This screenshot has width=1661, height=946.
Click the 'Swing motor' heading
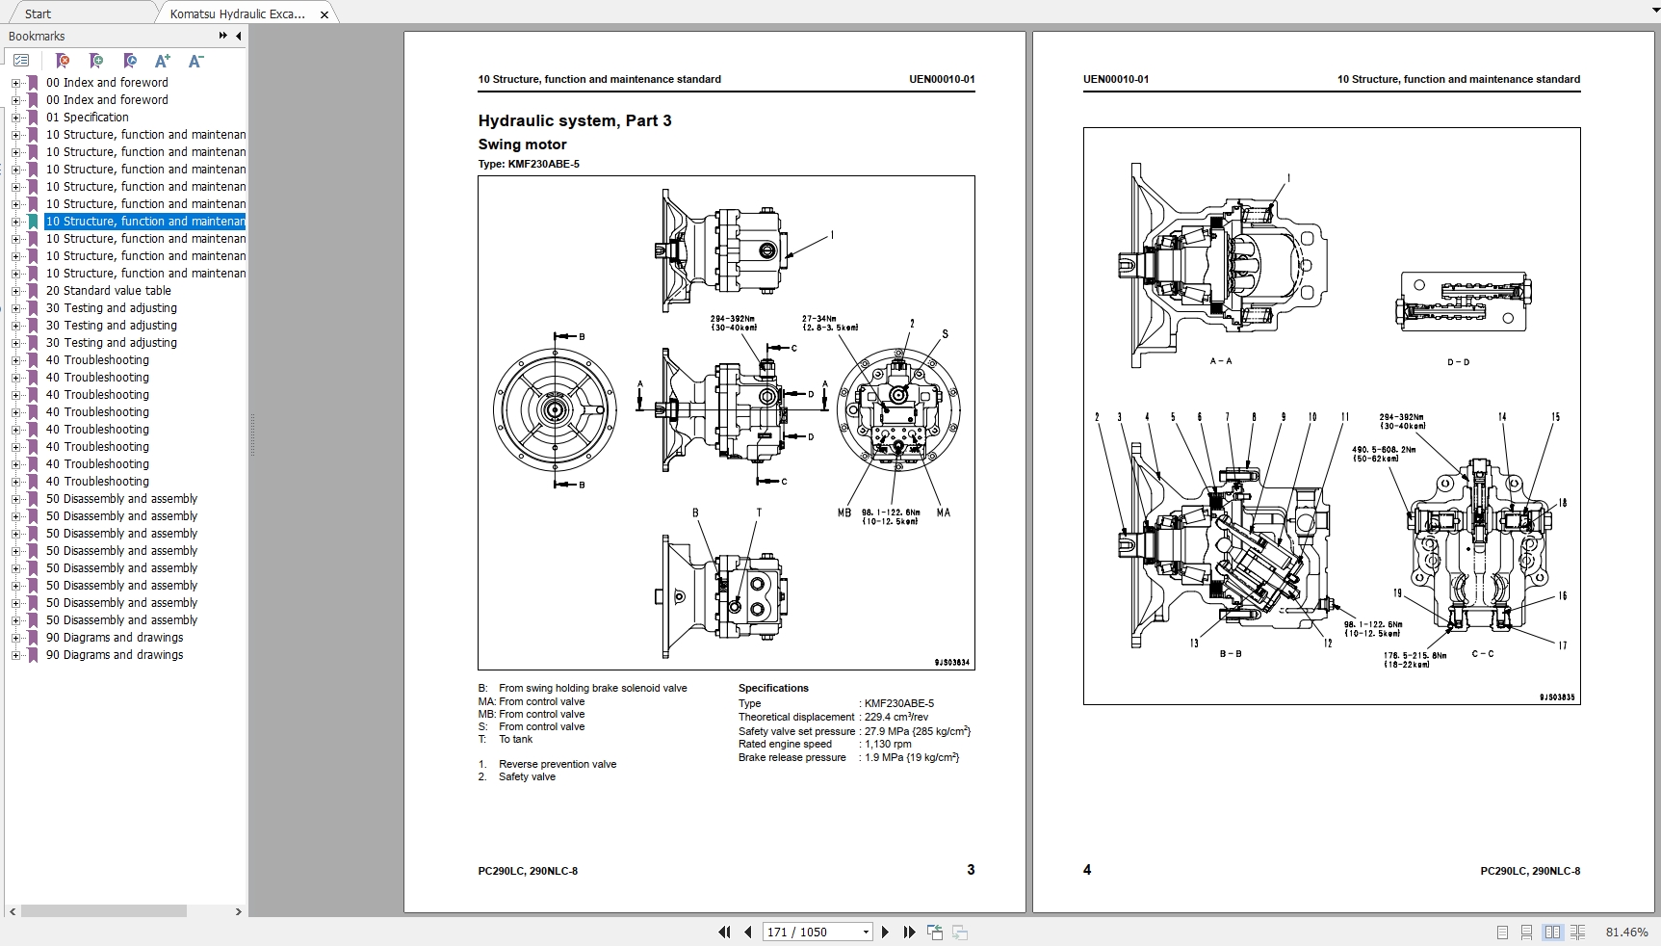[522, 145]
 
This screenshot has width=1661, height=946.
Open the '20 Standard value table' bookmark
[108, 291]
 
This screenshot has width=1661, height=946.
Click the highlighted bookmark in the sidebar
[144, 222]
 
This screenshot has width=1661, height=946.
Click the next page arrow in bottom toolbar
[885, 932]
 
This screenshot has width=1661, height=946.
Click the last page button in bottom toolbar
[909, 932]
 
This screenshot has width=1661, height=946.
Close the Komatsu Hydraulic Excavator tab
[324, 14]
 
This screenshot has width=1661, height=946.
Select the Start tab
[39, 13]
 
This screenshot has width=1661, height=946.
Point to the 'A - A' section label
[1220, 361]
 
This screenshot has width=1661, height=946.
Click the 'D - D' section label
[1458, 362]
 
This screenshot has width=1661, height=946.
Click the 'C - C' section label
[1482, 654]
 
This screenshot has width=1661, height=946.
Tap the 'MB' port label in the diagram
[843, 513]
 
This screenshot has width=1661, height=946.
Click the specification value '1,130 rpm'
[888, 744]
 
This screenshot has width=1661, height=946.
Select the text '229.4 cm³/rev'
[896, 717]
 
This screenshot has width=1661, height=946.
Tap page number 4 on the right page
[1087, 870]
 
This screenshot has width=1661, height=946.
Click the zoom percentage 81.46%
[1626, 932]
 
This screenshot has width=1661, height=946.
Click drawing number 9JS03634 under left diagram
[951, 662]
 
